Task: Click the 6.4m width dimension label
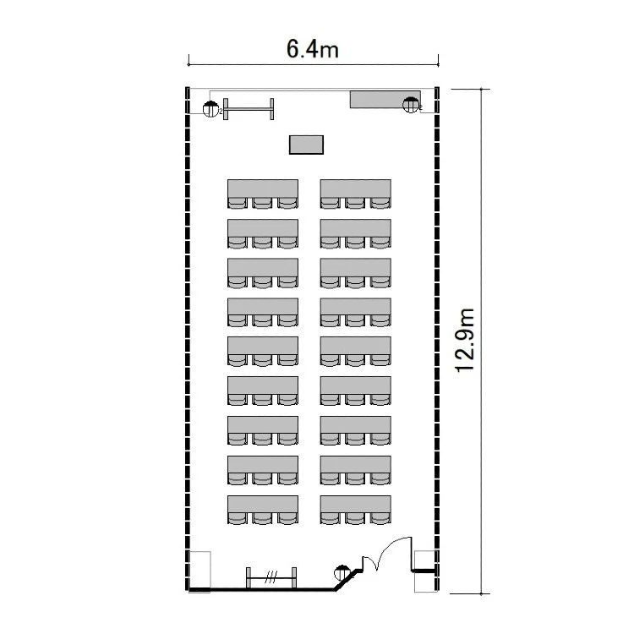(312, 49)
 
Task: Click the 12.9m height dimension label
(465, 341)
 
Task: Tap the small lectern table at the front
(306, 145)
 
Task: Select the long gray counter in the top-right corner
(385, 100)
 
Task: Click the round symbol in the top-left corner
(210, 109)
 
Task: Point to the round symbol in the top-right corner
(411, 105)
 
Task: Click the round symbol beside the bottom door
(342, 573)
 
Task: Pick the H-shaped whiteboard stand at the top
(249, 109)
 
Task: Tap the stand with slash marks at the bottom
(271, 577)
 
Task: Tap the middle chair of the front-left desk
(262, 203)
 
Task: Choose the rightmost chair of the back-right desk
(380, 519)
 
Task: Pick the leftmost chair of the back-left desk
(238, 519)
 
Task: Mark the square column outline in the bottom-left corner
(199, 571)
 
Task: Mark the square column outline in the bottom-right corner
(426, 571)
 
